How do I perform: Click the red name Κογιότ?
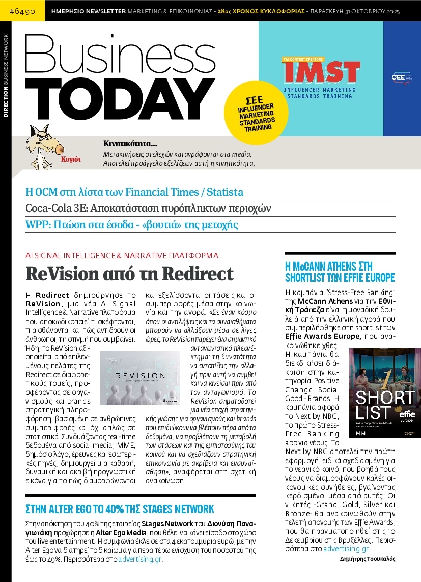tap(71, 159)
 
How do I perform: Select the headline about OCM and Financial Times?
tap(134, 192)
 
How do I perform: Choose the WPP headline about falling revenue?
tap(131, 225)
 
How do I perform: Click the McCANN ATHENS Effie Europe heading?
tap(340, 272)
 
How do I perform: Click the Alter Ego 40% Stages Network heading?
tap(120, 509)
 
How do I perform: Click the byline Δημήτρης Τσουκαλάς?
tap(367, 559)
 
